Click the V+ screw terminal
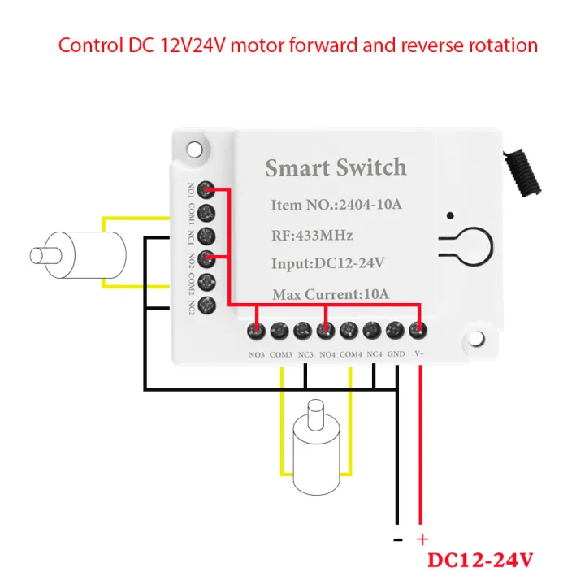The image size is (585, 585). pos(419,331)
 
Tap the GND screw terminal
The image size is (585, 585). pos(396,331)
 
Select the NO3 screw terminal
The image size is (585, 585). pos(257,331)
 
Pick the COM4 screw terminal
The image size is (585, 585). pos(349,331)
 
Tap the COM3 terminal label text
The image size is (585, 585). pos(281,354)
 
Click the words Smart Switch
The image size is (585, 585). pos(336,168)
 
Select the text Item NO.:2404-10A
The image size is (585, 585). pos(336,205)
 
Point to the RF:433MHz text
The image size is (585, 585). pos(312,236)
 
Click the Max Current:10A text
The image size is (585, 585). pos(331,293)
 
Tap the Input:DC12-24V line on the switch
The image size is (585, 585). pos(327,264)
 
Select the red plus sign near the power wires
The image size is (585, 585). pos(422,539)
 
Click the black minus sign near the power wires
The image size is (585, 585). pos(397,539)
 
